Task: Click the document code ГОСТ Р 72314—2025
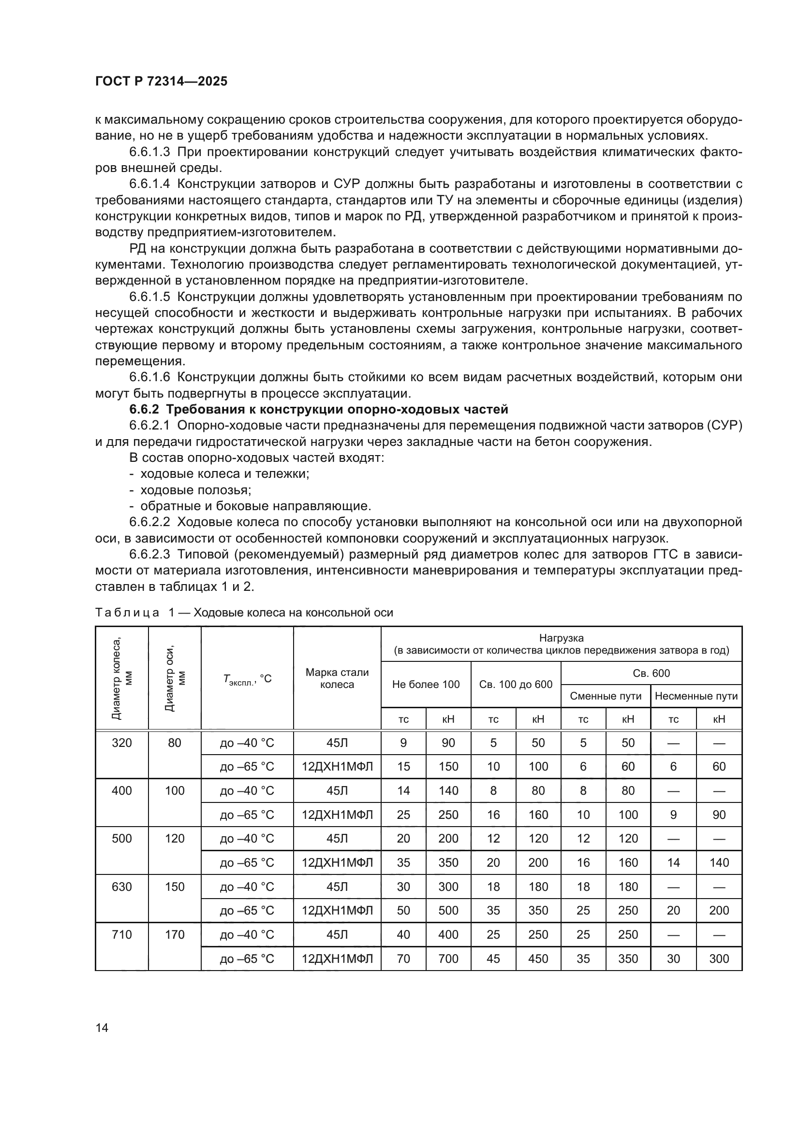161,81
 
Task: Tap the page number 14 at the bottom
102,1028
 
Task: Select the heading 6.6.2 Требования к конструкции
318,410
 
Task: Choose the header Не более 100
426,684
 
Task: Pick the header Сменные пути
606,696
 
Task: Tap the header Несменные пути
696,696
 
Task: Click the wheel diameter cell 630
122,887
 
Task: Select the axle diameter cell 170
175,935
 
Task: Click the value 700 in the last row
448,958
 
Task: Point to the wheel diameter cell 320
122,743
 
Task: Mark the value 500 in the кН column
448,911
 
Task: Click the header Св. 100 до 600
515,684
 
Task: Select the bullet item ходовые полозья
195,490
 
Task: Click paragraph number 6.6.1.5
149,297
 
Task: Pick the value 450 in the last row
538,958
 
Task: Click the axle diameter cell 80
175,743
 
